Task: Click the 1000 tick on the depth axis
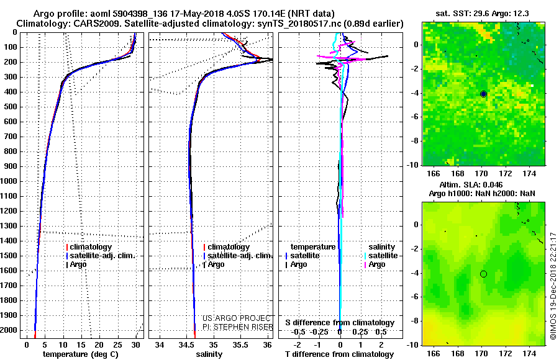click(9, 181)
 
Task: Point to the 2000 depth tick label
click(9, 330)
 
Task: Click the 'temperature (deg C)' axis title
click(81, 354)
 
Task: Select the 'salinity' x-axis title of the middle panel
click(209, 354)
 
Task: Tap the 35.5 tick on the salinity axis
click(240, 344)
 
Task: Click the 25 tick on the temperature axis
click(117, 344)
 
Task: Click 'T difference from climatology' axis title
click(340, 354)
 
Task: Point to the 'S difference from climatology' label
click(340, 323)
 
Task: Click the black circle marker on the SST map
click(483, 94)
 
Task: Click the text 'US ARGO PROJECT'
click(237, 318)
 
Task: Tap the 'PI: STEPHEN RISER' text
click(238, 327)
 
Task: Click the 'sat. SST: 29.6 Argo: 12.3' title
click(483, 14)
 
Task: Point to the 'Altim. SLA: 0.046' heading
click(471, 184)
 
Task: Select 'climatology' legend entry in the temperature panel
click(89, 247)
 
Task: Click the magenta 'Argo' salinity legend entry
click(375, 264)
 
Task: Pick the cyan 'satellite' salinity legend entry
click(381, 256)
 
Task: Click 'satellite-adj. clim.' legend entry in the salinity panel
click(238, 256)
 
